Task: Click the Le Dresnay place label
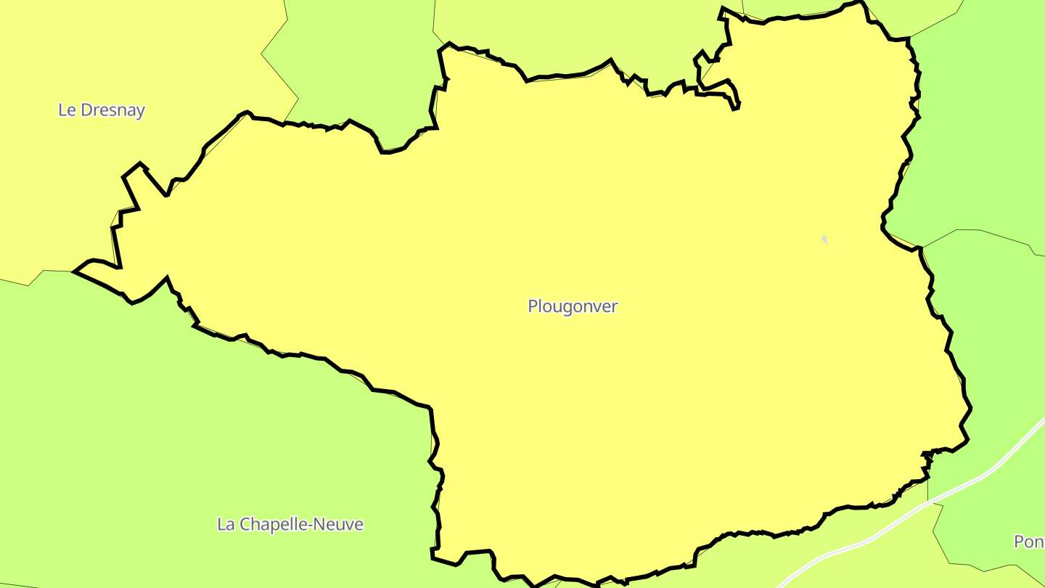pyautogui.click(x=102, y=110)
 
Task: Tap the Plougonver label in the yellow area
pyautogui.click(x=573, y=306)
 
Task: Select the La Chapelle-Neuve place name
pyautogui.click(x=290, y=524)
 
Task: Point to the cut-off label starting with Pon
pyautogui.click(x=1029, y=542)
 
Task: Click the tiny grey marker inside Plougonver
pyautogui.click(x=824, y=240)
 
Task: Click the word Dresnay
pyautogui.click(x=112, y=110)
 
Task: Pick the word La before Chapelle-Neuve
pyautogui.click(x=225, y=524)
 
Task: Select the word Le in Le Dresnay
pyautogui.click(x=67, y=110)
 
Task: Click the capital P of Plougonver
pyautogui.click(x=533, y=306)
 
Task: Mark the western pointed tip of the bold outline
pyautogui.click(x=75, y=272)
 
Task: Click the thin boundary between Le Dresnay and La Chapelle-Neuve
pyautogui.click(x=36, y=279)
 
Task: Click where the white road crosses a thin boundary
pyautogui.click(x=928, y=502)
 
